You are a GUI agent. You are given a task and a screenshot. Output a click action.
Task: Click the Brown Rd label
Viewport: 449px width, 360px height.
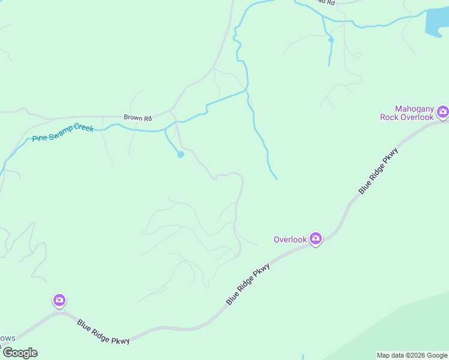coord(137,118)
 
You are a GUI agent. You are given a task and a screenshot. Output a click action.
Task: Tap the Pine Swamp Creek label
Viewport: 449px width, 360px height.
coord(63,133)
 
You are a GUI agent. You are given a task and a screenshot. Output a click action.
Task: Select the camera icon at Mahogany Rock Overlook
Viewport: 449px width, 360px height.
coord(443,111)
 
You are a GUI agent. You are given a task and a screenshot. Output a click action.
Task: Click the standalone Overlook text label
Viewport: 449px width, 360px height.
coord(291,239)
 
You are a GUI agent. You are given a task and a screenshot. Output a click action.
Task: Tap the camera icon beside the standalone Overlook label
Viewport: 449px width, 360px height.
coord(316,238)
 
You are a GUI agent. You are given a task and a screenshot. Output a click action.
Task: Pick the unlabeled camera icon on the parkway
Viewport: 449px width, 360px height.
coord(59,299)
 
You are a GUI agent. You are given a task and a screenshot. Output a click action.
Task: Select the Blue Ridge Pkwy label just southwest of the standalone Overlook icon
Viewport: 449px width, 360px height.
coord(248,284)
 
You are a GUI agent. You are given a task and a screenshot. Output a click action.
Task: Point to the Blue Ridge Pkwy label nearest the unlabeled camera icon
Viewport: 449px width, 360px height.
coord(103,331)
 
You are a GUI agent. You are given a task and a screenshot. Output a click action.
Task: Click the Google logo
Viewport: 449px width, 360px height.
coord(19,353)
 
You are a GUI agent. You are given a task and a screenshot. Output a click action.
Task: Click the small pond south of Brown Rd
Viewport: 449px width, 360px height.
coord(180,154)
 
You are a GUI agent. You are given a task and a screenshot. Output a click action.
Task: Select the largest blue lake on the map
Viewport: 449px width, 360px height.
coord(436,23)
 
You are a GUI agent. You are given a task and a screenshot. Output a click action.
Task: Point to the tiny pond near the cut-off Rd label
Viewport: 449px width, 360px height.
coord(330,40)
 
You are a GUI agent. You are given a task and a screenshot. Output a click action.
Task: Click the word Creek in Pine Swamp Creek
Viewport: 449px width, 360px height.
coord(84,128)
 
